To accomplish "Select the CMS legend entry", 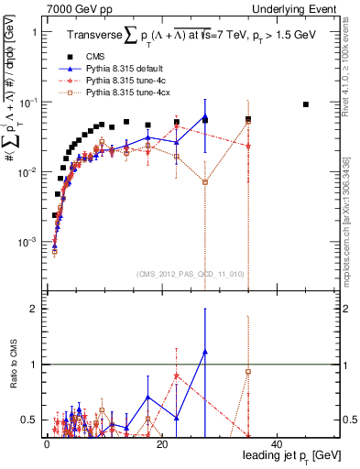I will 108,56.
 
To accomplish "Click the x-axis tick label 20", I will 161,444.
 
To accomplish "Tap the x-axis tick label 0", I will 47,444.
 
